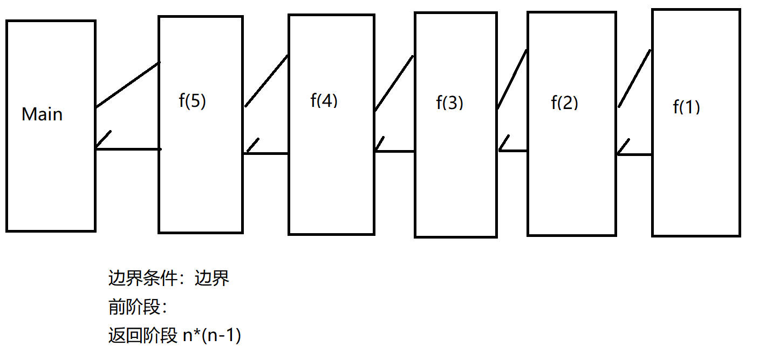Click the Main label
[x=42, y=114]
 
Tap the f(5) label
[x=192, y=102]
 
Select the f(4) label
[x=324, y=101]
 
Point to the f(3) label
[x=449, y=103]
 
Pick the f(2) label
[x=564, y=103]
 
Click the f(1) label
[x=686, y=107]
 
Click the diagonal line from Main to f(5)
[x=128, y=85]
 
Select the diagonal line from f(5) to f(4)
[x=266, y=80]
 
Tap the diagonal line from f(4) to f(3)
[x=394, y=83]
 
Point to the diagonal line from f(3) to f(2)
[x=512, y=79]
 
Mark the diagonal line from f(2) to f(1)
[x=634, y=78]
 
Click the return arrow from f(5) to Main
[x=128, y=148]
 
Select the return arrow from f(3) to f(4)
[x=394, y=151]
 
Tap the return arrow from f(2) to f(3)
[x=512, y=151]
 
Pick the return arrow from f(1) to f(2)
[x=634, y=155]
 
